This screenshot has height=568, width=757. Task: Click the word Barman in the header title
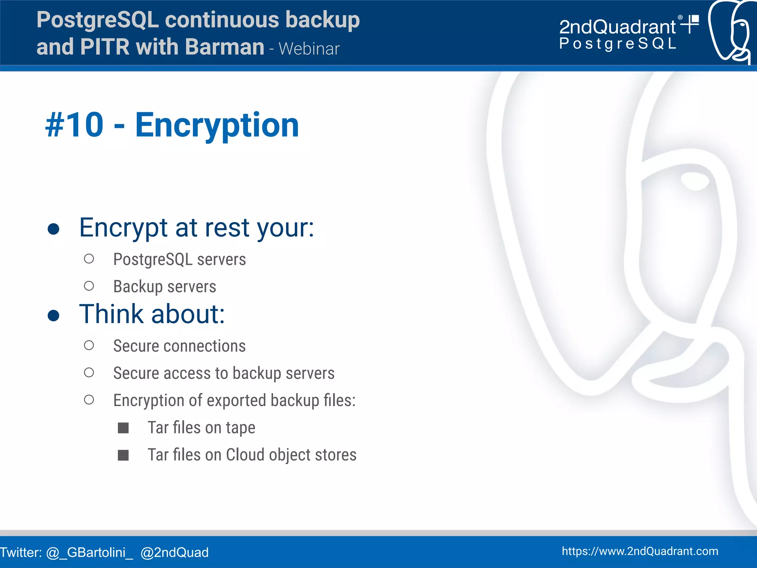click(224, 47)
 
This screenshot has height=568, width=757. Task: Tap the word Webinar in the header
click(309, 49)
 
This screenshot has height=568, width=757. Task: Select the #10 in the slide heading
click(74, 125)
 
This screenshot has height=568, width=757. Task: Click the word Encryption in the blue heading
click(217, 126)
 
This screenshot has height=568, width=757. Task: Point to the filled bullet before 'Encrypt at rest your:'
click(54, 229)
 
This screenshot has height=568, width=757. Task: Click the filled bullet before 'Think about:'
click(54, 315)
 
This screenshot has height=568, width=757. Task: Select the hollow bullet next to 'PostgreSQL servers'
click(89, 259)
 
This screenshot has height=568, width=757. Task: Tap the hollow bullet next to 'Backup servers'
click(89, 286)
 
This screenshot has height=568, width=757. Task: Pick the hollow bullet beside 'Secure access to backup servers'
click(89, 373)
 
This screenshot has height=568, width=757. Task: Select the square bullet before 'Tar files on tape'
click(123, 428)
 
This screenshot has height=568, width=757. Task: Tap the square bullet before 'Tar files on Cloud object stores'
click(123, 455)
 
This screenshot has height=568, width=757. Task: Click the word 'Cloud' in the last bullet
click(245, 455)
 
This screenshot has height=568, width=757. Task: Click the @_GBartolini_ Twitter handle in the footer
click(89, 552)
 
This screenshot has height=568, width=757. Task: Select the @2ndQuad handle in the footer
click(174, 552)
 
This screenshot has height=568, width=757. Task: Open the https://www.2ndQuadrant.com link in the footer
click(640, 551)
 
